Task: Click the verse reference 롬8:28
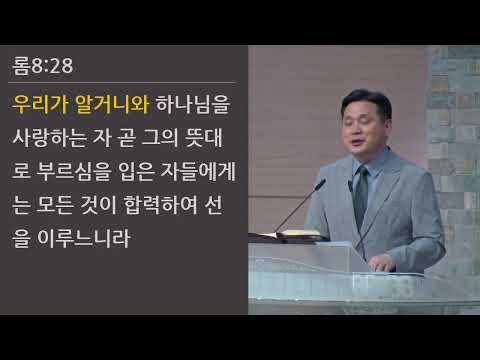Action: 43,67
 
